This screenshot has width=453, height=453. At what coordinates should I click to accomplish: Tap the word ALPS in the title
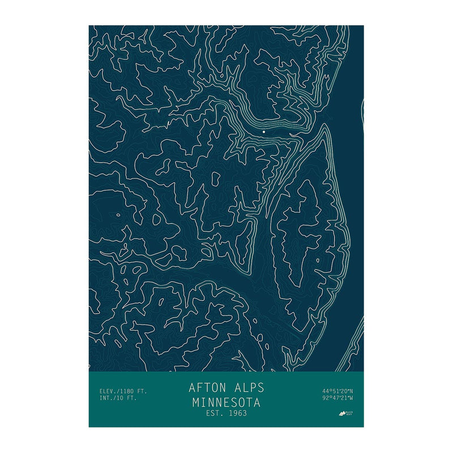click(x=249, y=388)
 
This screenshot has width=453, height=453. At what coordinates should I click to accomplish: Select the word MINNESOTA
click(x=226, y=403)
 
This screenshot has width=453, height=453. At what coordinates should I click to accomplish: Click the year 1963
click(x=237, y=414)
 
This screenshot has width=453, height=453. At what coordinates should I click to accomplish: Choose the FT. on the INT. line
click(x=131, y=398)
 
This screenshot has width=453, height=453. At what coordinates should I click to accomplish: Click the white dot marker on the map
click(x=264, y=131)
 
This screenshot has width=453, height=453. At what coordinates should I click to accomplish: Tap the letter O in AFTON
click(x=216, y=388)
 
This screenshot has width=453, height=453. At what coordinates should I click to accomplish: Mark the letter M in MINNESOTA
click(x=195, y=403)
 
